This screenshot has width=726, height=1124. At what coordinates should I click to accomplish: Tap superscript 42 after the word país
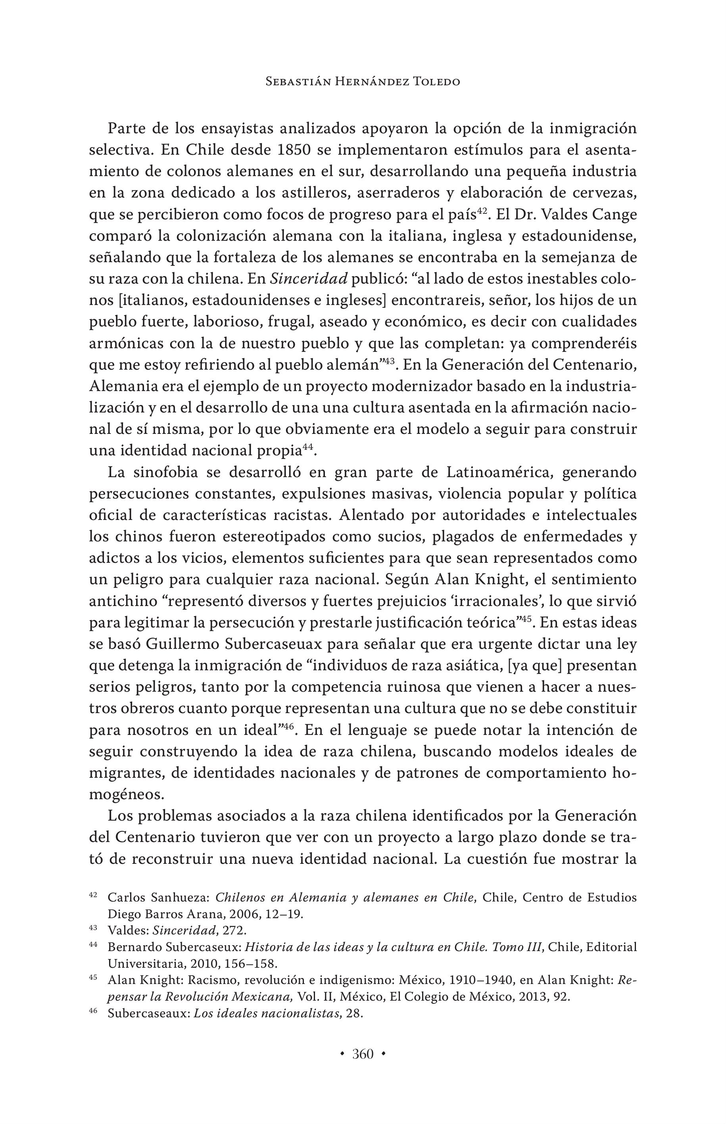481,210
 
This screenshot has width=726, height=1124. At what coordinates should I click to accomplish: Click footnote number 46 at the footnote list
93,1011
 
